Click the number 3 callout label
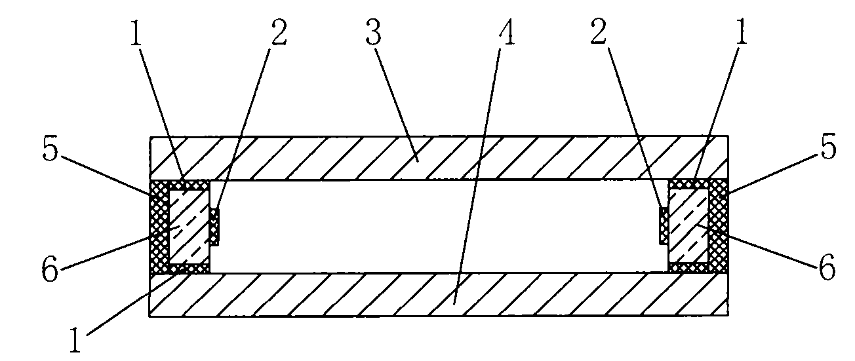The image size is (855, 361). (374, 32)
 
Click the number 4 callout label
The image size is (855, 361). (506, 32)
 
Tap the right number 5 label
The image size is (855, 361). (827, 146)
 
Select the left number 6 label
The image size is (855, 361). (50, 269)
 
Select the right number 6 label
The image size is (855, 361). (827, 268)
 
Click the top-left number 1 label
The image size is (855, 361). (136, 32)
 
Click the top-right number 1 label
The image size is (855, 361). (742, 32)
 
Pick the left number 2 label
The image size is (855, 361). (278, 32)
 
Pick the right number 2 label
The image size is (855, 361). (598, 32)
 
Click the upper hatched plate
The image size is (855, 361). (439, 158)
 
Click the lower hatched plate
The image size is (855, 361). (439, 294)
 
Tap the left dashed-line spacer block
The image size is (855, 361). (189, 227)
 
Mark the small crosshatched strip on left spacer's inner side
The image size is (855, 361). (214, 227)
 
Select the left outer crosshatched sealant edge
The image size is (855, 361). (159, 227)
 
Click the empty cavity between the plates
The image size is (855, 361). (439, 227)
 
